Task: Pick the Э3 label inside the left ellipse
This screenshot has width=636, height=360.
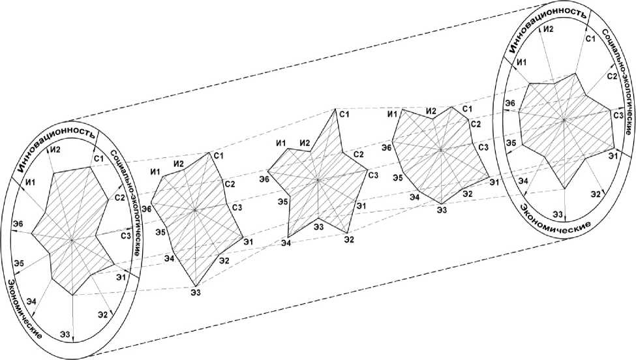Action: click(65, 335)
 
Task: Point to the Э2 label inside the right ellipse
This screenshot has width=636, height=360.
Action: click(596, 194)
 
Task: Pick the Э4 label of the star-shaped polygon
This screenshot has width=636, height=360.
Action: click(286, 243)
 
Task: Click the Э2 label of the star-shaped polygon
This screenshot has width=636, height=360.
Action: click(350, 239)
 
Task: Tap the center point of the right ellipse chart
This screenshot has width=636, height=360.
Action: click(563, 119)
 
